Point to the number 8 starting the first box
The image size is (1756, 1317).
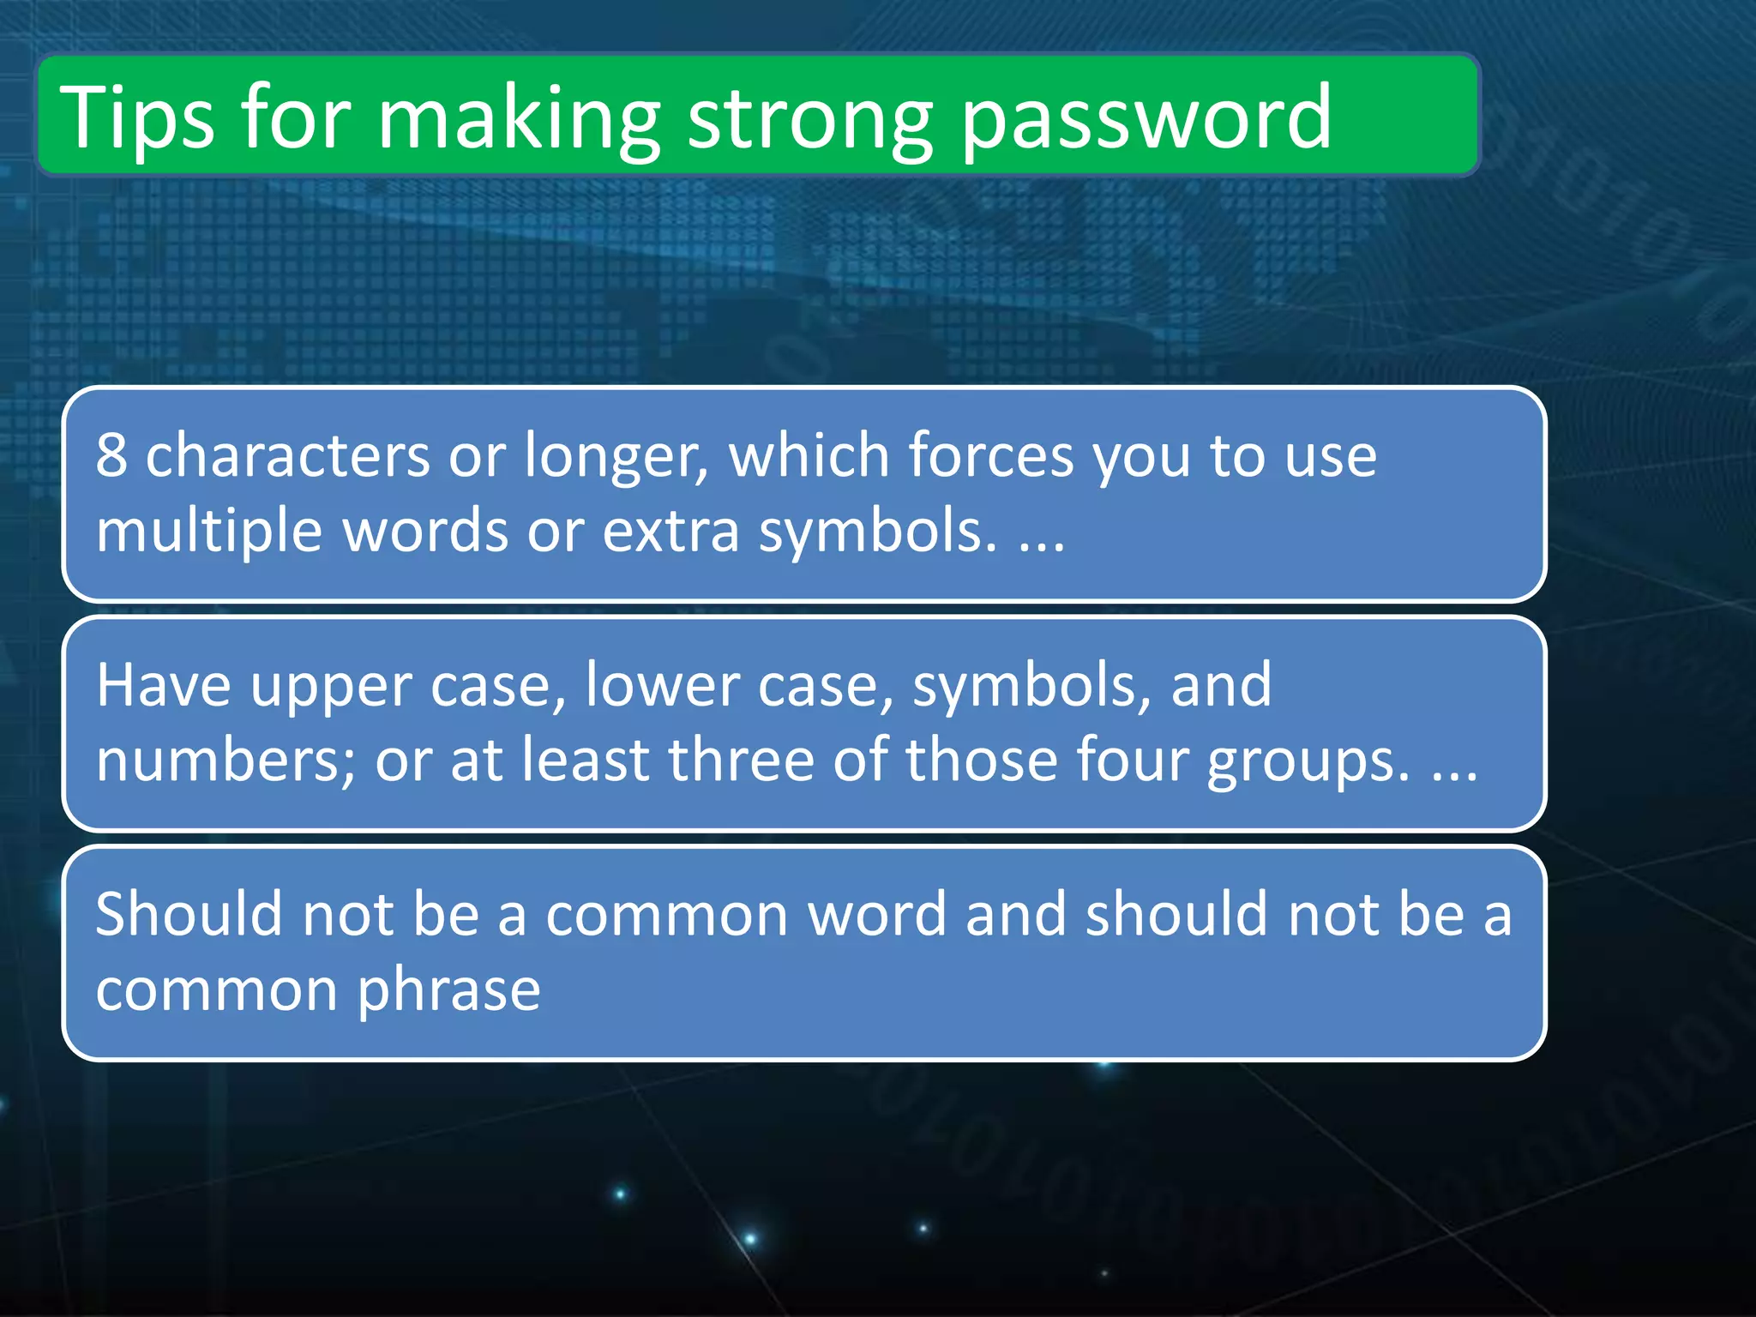tap(111, 455)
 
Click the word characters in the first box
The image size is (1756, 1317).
tap(287, 455)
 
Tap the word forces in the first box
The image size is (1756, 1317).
tap(990, 455)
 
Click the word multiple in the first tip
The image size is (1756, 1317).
tap(208, 532)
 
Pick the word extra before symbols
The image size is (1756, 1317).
tap(671, 532)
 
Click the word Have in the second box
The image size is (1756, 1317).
tap(163, 686)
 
